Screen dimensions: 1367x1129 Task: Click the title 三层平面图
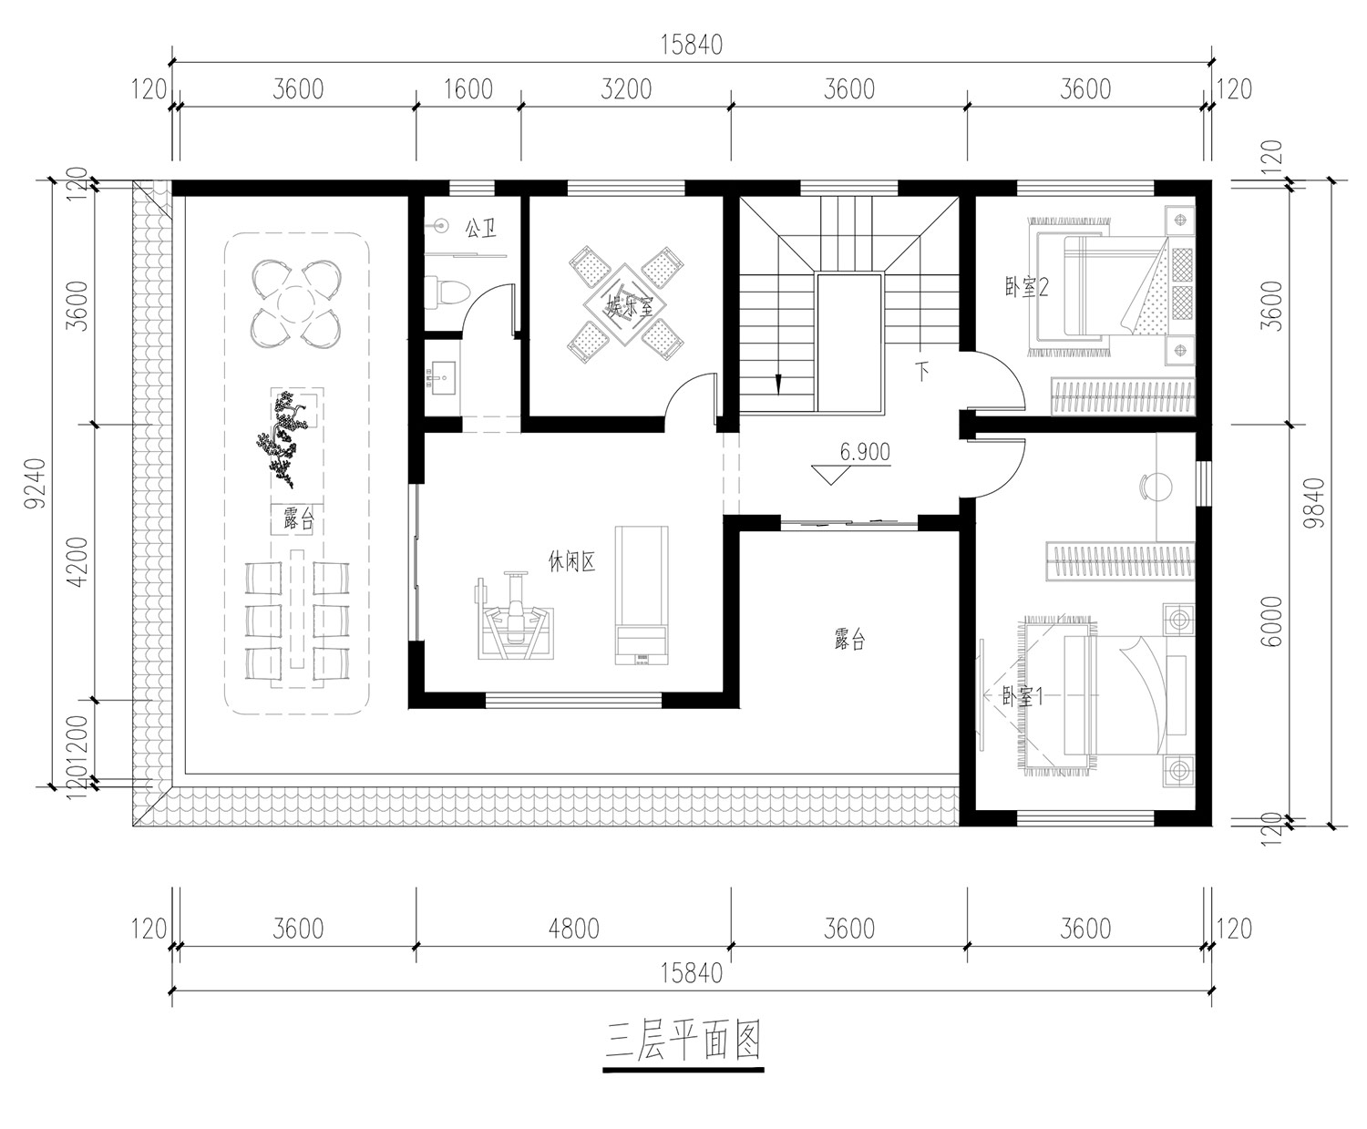pos(683,1042)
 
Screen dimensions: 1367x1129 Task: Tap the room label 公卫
pos(480,228)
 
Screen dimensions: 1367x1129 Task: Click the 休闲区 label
pos(571,561)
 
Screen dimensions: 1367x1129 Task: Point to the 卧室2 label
pos(1026,287)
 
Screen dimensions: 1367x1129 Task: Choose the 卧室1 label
pos(1022,697)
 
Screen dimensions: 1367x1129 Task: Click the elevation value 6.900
pos(865,452)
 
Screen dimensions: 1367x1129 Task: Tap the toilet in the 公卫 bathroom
pos(447,292)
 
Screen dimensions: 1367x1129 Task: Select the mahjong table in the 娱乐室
pos(624,304)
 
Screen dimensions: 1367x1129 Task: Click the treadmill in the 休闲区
pos(642,596)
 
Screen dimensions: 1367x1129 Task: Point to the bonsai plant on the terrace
pos(283,440)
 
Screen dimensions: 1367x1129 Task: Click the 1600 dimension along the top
pos(468,89)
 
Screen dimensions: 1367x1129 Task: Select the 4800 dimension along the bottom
pos(573,929)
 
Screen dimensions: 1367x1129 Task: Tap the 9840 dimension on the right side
pos(1314,503)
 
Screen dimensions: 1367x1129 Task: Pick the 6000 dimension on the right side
pos(1272,621)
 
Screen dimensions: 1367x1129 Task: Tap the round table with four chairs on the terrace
pos(296,303)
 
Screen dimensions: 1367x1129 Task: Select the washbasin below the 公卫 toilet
pos(442,377)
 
